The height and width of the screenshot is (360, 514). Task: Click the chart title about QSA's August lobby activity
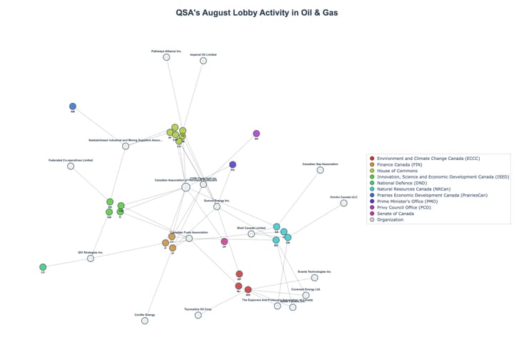tap(256, 12)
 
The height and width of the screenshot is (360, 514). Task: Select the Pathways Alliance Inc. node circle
tap(166, 57)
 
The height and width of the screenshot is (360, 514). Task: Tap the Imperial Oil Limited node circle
tap(203, 61)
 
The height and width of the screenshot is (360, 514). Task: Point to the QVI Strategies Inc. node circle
tap(91, 258)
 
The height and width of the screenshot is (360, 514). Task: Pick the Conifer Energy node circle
tap(145, 321)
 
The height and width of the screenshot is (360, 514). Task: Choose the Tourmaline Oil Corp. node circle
tap(198, 315)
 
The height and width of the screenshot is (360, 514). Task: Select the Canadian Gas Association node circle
tap(320, 170)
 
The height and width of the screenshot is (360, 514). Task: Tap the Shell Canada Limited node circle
tap(251, 234)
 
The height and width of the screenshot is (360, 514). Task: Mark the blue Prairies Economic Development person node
tap(73, 106)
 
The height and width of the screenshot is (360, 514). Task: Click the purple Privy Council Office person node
tap(257, 134)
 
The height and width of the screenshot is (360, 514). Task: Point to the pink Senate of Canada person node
tap(224, 241)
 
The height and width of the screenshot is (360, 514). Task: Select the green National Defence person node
tap(43, 267)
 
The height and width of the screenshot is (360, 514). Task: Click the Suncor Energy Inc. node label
tap(217, 201)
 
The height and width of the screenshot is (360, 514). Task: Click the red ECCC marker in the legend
tap(371, 158)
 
